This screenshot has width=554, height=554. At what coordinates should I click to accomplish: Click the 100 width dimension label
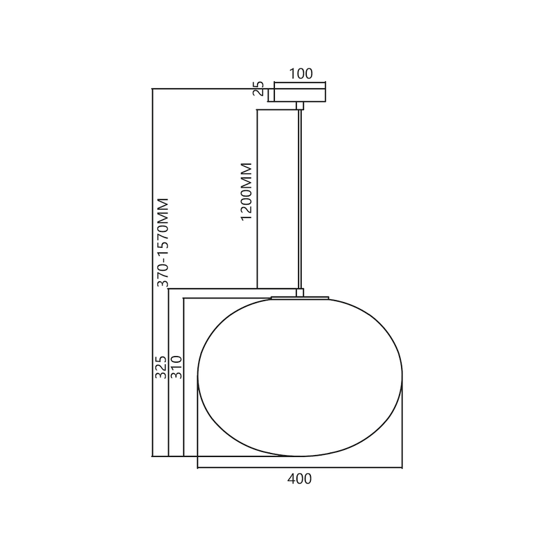tap(301, 73)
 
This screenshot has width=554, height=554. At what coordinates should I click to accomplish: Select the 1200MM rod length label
tap(246, 192)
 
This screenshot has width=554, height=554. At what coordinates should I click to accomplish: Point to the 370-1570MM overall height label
tap(163, 242)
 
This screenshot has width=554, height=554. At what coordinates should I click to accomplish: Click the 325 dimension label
tap(160, 367)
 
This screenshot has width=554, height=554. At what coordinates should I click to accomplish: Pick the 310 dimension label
tap(176, 367)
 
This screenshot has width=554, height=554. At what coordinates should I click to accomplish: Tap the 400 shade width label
tap(301, 479)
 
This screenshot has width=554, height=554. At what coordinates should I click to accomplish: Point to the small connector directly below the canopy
tap(300, 106)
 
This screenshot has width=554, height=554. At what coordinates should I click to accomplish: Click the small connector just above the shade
tap(300, 292)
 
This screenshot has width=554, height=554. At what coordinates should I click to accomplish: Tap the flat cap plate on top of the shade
tap(300, 298)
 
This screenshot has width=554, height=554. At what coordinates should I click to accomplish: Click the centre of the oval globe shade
tap(301, 377)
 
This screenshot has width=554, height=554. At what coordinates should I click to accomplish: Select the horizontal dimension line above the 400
tap(301, 468)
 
